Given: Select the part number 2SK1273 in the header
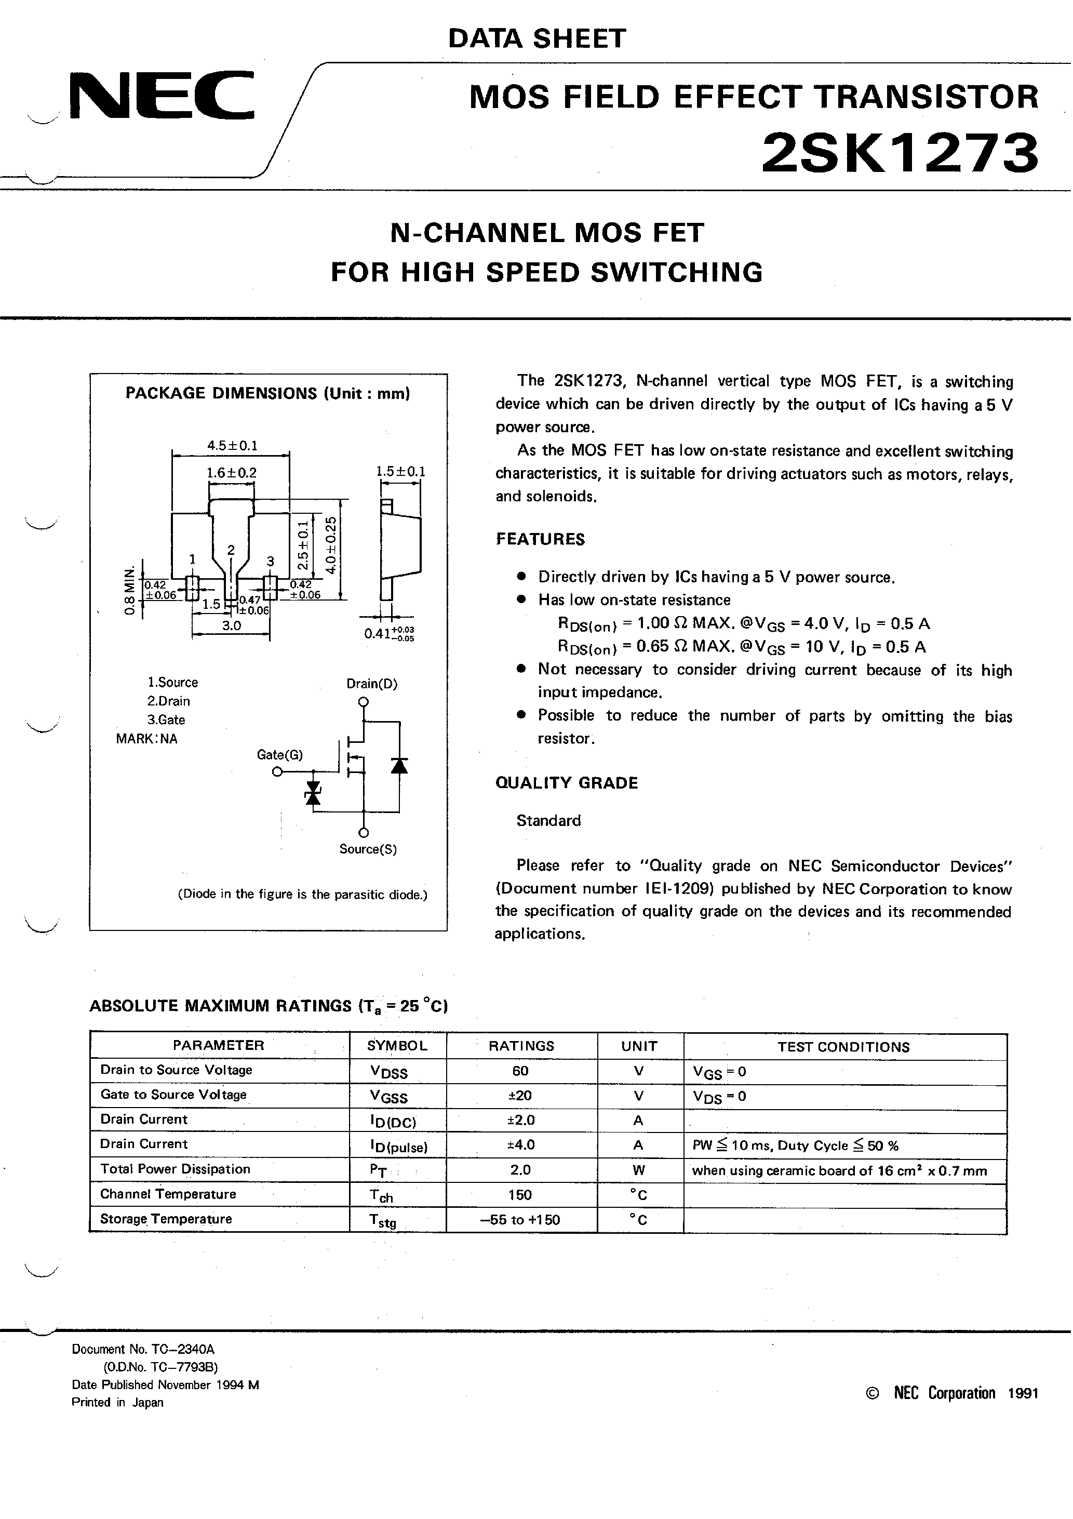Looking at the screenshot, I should point(899,153).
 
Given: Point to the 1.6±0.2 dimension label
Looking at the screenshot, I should point(231,473).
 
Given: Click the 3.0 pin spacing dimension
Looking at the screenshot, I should point(231,625).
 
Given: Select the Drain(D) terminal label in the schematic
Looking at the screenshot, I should point(372,684).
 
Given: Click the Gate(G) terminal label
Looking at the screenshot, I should point(279,754).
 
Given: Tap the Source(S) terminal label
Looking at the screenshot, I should point(368,849).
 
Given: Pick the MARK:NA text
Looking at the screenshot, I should point(147,739).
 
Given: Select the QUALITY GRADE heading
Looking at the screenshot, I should point(566,783).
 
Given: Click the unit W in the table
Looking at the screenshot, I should point(638,1170).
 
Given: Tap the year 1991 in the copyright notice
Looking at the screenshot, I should point(1023,1393).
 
